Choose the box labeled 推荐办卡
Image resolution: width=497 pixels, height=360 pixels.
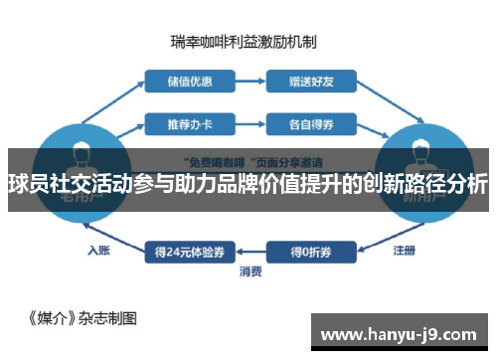pyautogui.click(x=184, y=125)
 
